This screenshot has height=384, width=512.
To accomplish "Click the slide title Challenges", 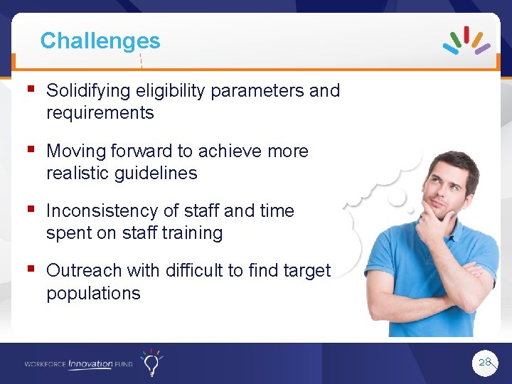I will pos(100,41).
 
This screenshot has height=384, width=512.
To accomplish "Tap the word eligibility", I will pos(168,91).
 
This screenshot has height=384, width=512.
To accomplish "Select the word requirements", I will pos(100,113).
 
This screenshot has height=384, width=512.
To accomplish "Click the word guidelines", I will pos(157,174).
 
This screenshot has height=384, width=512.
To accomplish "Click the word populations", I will pos(93,293).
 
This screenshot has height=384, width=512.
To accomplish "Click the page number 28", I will pos(485,363).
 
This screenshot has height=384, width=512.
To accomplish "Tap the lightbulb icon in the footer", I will pos(151,363).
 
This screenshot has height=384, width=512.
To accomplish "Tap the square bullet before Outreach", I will pos(30,270).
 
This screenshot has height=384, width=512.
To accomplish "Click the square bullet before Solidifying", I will pos(30,90).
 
